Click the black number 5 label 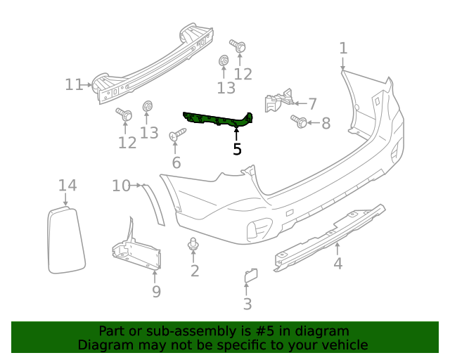pyautogui.click(x=237, y=149)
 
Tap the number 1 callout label pyautogui.click(x=343, y=49)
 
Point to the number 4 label pyautogui.click(x=338, y=264)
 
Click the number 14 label pyautogui.click(x=67, y=186)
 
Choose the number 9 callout pyautogui.click(x=156, y=291)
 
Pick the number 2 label pyautogui.click(x=195, y=271)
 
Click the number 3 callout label pyautogui.click(x=247, y=304)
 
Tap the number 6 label pyautogui.click(x=176, y=163)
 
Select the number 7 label pyautogui.click(x=313, y=104)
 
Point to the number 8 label pyautogui.click(x=326, y=124)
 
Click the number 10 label pyautogui.click(x=121, y=186)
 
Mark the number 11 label pyautogui.click(x=74, y=85)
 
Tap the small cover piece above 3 pyautogui.click(x=250, y=276)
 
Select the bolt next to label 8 pyautogui.click(x=298, y=122)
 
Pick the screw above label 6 pyautogui.click(x=176, y=134)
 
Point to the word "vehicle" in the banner pyautogui.click(x=342, y=345)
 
